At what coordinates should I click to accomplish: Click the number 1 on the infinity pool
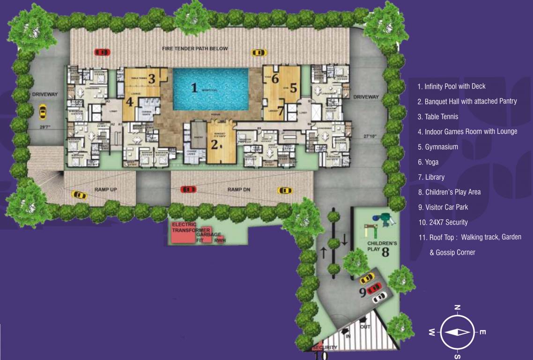point(194,87)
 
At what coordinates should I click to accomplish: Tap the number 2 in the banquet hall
point(215,144)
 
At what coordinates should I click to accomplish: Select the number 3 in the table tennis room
point(151,79)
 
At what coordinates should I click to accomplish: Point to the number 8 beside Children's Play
point(385,252)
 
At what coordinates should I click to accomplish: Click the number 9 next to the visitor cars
point(363,292)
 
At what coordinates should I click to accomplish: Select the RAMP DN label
point(237,189)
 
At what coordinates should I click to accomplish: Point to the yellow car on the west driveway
point(43,112)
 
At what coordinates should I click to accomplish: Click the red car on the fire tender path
point(102,52)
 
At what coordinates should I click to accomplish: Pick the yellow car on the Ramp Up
point(79,195)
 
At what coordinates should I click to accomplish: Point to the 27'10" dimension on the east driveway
point(370,136)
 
